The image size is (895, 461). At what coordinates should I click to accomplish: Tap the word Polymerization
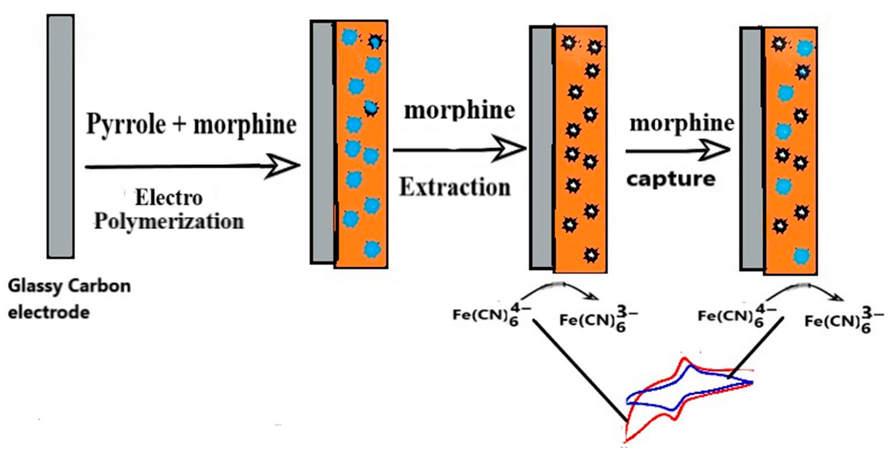[169, 222]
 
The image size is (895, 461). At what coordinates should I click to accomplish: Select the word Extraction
[455, 188]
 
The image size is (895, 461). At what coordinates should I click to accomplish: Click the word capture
[671, 179]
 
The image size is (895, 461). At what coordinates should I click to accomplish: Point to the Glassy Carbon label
[69, 286]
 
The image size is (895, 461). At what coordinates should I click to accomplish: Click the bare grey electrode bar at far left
[61, 137]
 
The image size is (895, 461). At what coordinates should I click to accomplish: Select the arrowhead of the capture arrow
[716, 150]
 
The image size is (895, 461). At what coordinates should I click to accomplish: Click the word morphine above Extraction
[460, 111]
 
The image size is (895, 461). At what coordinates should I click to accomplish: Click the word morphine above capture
[682, 124]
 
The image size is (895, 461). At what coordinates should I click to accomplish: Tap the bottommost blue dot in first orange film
[372, 250]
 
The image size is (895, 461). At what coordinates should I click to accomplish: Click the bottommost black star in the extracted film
[591, 255]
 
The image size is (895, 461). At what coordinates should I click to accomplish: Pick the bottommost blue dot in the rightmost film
[802, 256]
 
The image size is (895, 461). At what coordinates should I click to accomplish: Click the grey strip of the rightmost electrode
[752, 149]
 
